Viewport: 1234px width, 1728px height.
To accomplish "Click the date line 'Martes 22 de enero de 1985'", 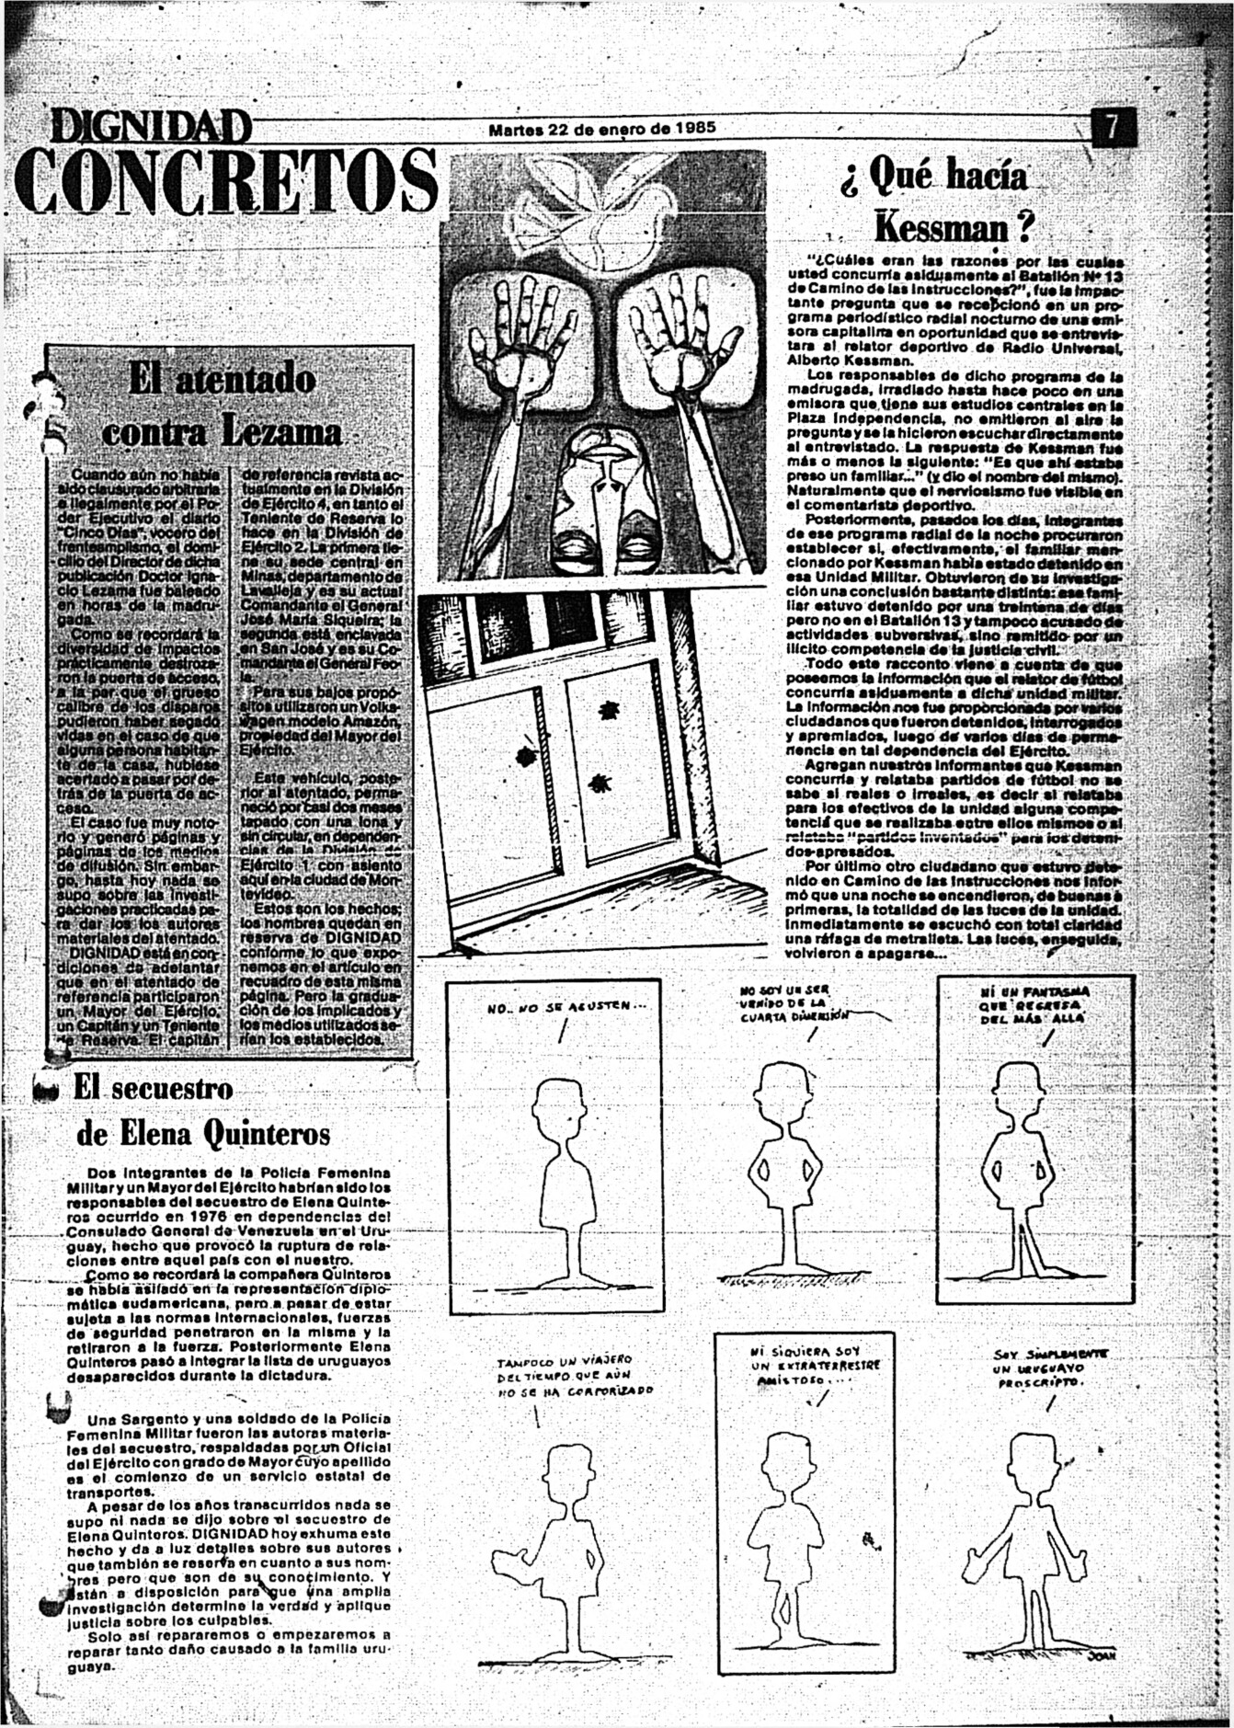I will [x=601, y=128].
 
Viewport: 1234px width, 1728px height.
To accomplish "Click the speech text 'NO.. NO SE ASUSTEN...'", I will [x=566, y=1006].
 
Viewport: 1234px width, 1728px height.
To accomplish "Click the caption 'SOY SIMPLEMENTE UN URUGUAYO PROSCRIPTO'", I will [x=1050, y=1368].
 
